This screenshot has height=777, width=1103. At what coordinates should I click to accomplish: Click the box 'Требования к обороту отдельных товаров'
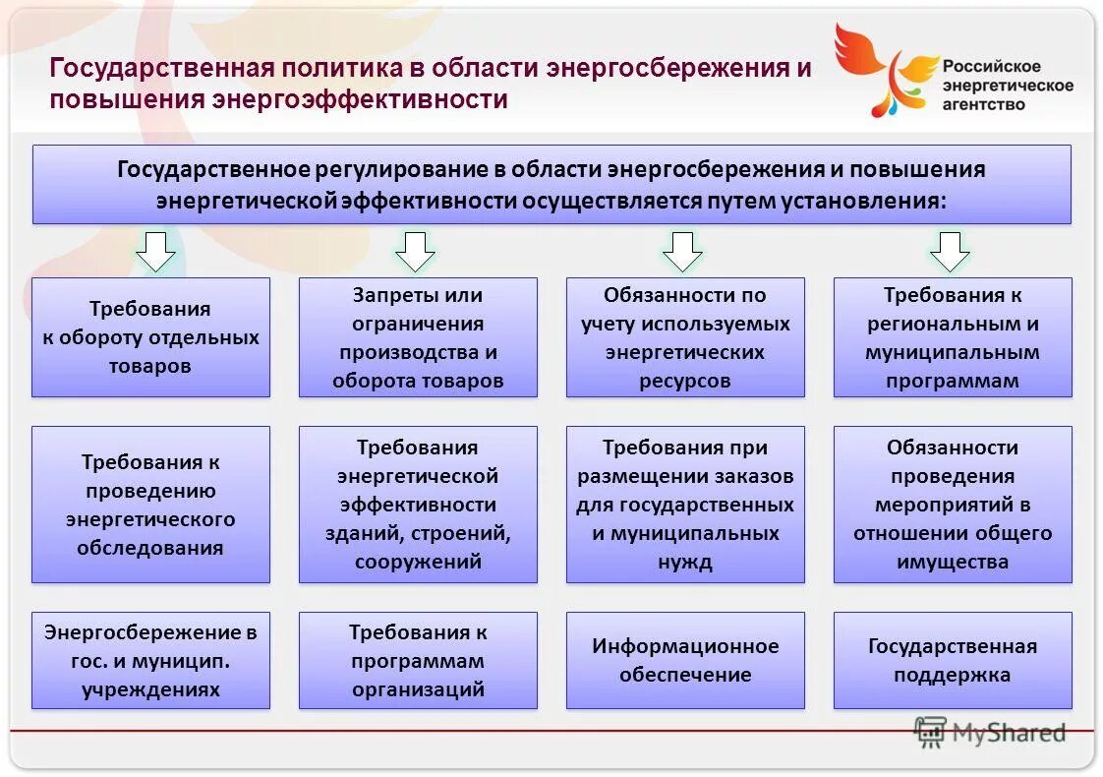pyautogui.click(x=150, y=337)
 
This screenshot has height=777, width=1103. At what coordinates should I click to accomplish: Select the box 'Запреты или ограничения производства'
pyautogui.click(x=418, y=337)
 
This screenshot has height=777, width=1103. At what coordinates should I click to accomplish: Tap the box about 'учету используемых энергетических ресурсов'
pyautogui.click(x=685, y=337)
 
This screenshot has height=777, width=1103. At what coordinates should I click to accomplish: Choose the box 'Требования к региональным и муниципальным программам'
pyautogui.click(x=953, y=337)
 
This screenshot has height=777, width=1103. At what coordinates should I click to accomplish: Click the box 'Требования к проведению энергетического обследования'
pyautogui.click(x=150, y=505)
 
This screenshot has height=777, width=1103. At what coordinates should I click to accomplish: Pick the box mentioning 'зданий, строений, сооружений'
pyautogui.click(x=418, y=505)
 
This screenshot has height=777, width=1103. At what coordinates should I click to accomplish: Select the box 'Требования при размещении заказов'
pyautogui.click(x=685, y=505)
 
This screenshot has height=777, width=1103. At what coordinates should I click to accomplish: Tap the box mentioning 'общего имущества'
pyautogui.click(x=953, y=505)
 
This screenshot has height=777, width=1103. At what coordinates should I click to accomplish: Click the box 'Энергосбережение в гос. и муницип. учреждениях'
pyautogui.click(x=150, y=661)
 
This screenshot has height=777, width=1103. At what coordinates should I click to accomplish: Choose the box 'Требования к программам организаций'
pyautogui.click(x=418, y=661)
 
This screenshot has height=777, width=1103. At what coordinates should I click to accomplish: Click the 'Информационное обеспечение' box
pyautogui.click(x=685, y=661)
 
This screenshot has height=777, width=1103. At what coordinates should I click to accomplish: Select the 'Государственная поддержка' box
pyautogui.click(x=953, y=661)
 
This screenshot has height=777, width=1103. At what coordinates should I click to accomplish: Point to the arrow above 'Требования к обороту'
pyautogui.click(x=155, y=252)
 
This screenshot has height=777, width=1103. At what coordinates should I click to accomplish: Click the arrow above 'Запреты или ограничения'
pyautogui.click(x=415, y=252)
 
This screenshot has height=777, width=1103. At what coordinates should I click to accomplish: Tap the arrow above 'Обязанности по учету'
pyautogui.click(x=682, y=252)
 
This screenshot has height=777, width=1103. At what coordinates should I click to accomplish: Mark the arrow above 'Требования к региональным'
pyautogui.click(x=950, y=252)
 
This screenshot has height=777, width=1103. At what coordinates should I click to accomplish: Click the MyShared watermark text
pyautogui.click(x=1007, y=733)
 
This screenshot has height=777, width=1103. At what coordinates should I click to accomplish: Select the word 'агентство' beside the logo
pyautogui.click(x=983, y=103)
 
